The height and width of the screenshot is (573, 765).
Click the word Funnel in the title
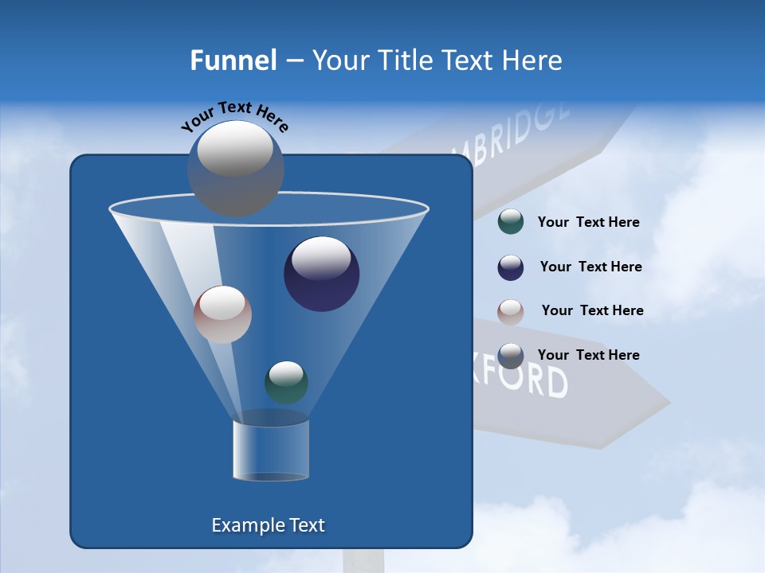[233, 60]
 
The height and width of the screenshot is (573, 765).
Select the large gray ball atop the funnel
[236, 168]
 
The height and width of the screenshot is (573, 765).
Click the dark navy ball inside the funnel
[321, 274]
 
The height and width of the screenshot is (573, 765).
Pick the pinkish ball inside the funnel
[222, 314]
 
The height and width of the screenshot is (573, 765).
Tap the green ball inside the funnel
[286, 383]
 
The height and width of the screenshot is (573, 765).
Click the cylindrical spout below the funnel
[271, 450]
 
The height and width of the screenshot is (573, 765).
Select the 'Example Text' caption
[269, 525]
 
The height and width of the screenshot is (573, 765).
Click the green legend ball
[511, 222]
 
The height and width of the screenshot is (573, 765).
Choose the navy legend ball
[511, 267]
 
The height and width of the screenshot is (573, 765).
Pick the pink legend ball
[511, 311]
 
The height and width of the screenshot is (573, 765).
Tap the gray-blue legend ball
[511, 356]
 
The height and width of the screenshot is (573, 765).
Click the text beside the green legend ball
[588, 223]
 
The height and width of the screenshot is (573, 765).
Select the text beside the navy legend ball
[590, 267]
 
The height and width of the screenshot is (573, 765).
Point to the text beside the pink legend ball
[592, 310]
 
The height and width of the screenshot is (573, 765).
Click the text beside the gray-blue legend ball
[588, 355]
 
